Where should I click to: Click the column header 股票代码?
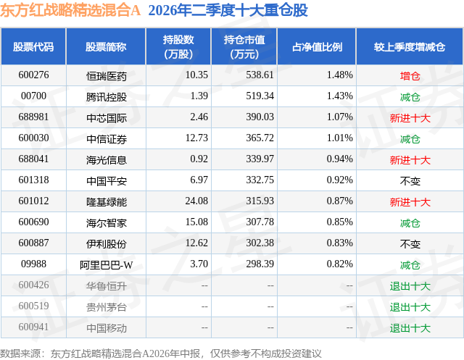coord(33,47)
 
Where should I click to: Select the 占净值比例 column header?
coord(317,47)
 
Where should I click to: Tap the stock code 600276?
coord(33,75)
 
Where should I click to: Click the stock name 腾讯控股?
coord(107,96)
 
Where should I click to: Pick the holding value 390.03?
coord(260,117)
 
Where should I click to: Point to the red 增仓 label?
coord(410,76)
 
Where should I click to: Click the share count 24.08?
coord(196,201)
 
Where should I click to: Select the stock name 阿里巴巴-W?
coord(107,265)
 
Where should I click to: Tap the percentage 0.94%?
coord(340,159)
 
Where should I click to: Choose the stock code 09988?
coord(33,264)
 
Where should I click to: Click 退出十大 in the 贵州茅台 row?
coord(410,307)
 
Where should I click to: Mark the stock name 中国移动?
coord(107,328)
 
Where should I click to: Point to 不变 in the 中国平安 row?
coord(410,181)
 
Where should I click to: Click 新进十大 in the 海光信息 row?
coord(410,160)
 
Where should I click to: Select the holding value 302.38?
coord(260,243)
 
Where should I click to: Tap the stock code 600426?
coord(33,285)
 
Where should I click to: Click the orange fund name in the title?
coord(70,10)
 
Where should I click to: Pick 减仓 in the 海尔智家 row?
coord(410,223)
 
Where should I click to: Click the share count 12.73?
coord(196,138)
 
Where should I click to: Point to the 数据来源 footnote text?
coord(161,353)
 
